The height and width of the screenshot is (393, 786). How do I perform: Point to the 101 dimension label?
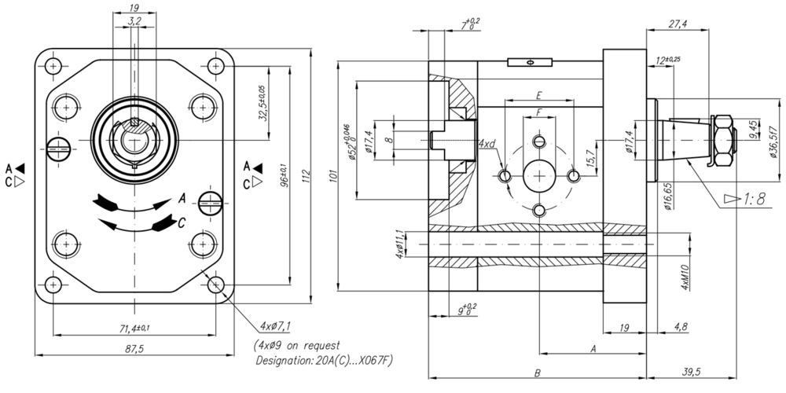click(334, 178)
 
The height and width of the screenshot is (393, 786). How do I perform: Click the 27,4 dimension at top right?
click(677, 24)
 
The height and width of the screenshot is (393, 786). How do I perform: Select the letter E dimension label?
click(538, 95)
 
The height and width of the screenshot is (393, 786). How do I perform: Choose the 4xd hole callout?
click(487, 145)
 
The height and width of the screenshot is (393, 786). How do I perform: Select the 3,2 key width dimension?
click(134, 22)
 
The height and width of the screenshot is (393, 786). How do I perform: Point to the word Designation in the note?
click(285, 361)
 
